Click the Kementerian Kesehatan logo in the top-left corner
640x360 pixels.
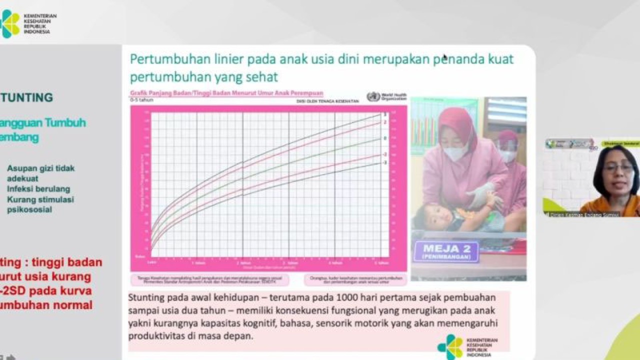coord(10,23)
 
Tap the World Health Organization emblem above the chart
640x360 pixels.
coord(373,96)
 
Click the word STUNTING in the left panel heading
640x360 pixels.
coord(27,97)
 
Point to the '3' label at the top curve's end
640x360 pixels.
coord(385,114)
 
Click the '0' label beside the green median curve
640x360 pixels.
coord(385,138)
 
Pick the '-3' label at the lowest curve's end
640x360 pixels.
coord(385,163)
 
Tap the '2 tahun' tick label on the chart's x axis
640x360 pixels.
coord(243,262)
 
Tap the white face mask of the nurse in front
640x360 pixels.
coord(455,152)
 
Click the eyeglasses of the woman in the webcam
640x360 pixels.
coord(618,168)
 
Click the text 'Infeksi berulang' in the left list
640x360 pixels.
coord(38,189)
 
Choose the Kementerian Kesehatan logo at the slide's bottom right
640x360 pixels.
coord(449,346)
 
